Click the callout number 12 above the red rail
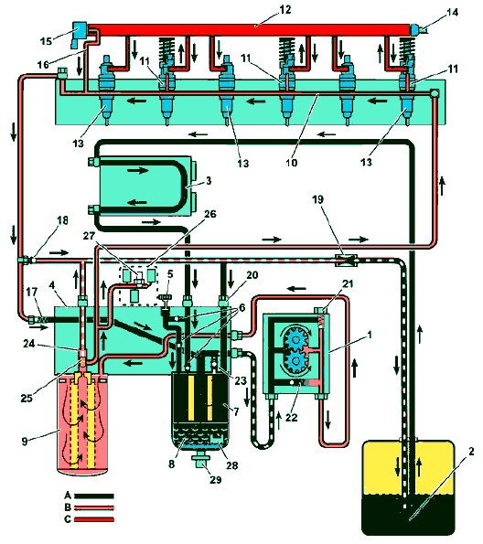[284, 10]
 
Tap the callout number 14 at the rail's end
[452, 13]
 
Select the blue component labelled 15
[80, 33]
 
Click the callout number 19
[317, 199]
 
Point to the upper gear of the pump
[295, 337]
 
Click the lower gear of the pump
[295, 361]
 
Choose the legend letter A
[68, 495]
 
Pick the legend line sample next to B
[94, 507]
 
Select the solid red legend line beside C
[94, 519]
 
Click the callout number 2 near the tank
[471, 452]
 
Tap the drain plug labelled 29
[201, 461]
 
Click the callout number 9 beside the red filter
[25, 442]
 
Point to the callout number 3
[209, 181]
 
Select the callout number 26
[209, 214]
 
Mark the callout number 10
[291, 163]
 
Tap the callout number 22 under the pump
[291, 417]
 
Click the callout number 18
[62, 220]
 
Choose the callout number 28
[231, 465]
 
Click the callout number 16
[43, 65]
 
